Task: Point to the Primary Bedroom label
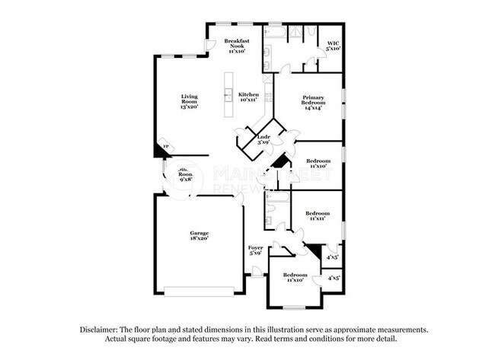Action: (x=313, y=100)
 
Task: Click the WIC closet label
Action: (x=334, y=43)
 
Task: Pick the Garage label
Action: (x=200, y=233)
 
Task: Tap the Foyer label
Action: (x=255, y=247)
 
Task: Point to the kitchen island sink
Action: (x=226, y=95)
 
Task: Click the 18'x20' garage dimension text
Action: (x=200, y=239)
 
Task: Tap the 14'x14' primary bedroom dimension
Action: (x=313, y=109)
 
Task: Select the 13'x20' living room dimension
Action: (x=190, y=107)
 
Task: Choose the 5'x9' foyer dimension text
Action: (x=255, y=253)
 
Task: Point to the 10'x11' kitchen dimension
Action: (x=249, y=100)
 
